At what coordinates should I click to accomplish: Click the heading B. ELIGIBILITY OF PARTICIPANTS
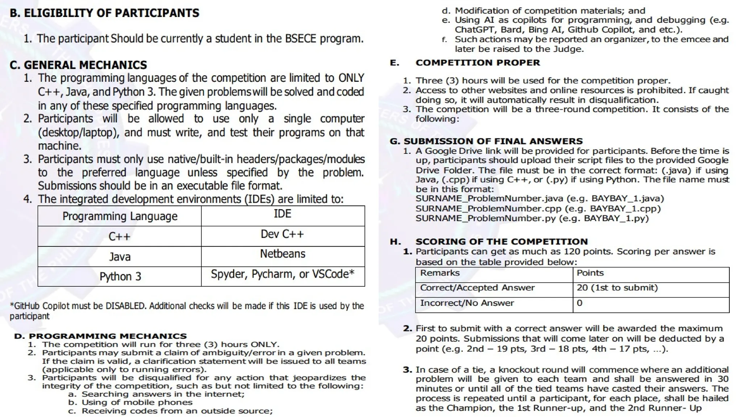tap(104, 13)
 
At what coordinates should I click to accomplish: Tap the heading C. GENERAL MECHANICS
tap(78, 65)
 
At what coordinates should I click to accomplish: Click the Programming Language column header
tap(120, 216)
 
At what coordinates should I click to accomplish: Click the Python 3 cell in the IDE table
tap(120, 277)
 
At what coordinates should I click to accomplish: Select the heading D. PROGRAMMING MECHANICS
tap(100, 336)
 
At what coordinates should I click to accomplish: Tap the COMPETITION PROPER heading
tap(478, 63)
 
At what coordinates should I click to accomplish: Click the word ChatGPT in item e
tap(471, 30)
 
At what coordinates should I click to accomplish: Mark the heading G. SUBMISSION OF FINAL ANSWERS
tap(486, 141)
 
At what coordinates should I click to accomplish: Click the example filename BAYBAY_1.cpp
tap(625, 208)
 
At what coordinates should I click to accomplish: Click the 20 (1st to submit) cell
tap(617, 288)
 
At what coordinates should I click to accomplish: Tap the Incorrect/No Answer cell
tap(467, 303)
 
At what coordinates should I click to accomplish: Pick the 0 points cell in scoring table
tap(579, 303)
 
